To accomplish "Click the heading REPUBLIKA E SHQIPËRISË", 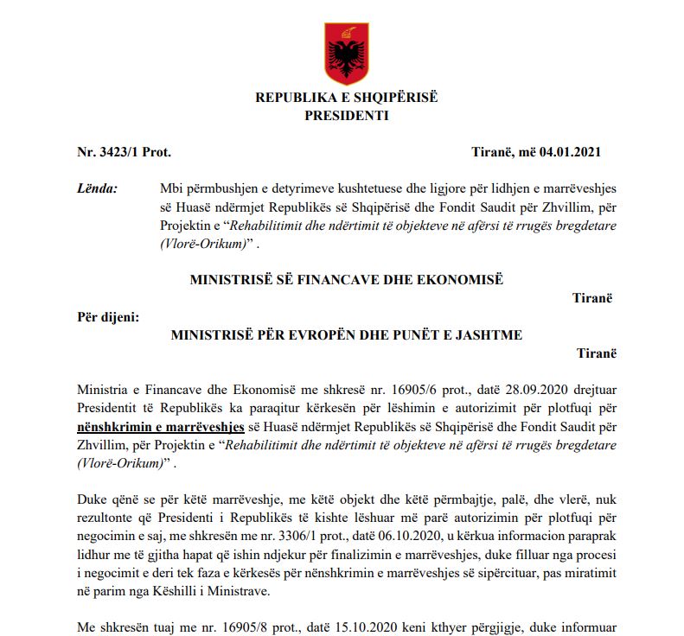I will coord(346,98).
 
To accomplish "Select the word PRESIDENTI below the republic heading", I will coord(346,114).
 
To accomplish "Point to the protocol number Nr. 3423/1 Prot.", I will coord(125,152).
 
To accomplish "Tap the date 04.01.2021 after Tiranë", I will coord(572,152).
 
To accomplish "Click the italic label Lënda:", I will coord(98,188).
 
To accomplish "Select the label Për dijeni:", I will coord(108,316).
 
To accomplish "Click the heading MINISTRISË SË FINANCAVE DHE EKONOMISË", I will coord(346,279).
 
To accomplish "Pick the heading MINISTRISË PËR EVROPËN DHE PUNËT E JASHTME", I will coord(346,334).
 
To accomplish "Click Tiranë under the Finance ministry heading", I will coord(592,297).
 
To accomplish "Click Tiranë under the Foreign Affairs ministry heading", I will coord(597,353).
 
